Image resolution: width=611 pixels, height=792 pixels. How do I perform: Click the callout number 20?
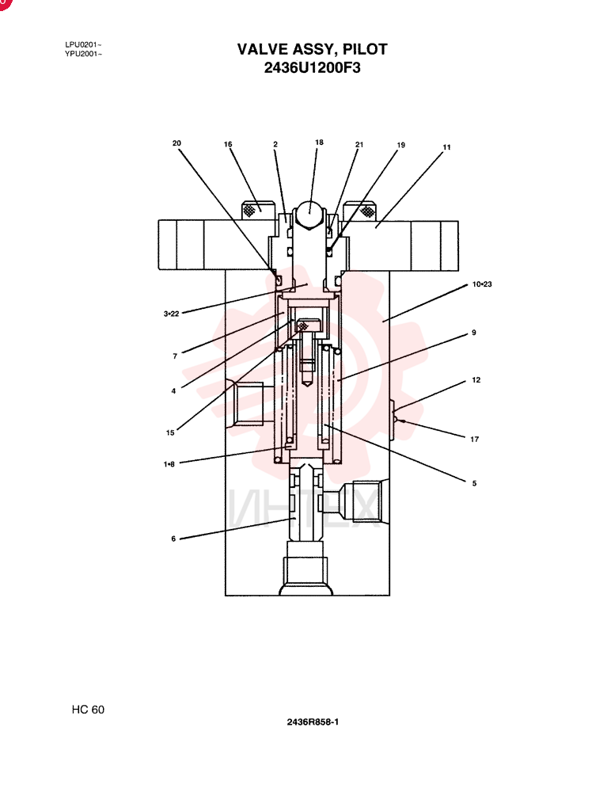point(176,143)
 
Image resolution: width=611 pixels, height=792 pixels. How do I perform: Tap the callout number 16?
point(228,144)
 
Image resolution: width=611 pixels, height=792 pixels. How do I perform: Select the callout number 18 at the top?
point(319,143)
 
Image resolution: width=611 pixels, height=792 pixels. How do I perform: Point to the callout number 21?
point(359,144)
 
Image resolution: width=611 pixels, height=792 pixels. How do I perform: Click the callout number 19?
point(401,145)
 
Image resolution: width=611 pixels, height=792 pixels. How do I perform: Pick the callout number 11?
point(447,147)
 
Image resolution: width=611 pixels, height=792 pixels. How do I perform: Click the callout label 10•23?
point(482,284)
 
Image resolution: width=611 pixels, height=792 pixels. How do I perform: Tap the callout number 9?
point(473,333)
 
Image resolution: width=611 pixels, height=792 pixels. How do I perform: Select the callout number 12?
point(476,380)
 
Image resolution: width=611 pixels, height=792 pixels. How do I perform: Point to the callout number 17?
point(475,440)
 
